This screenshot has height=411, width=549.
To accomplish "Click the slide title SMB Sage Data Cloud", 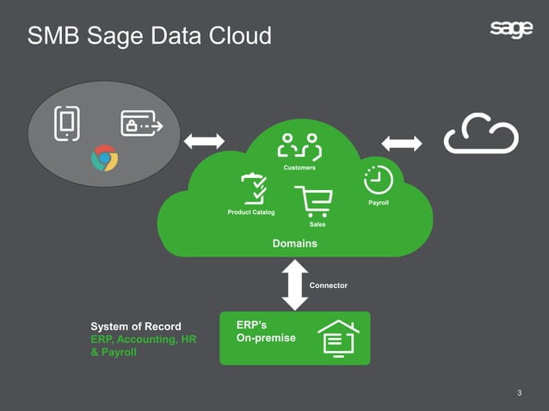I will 149,35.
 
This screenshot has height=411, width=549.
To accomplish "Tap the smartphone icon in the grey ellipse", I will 66,123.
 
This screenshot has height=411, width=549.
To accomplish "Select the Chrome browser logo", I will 104,159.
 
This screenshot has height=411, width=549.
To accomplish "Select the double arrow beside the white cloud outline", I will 402,144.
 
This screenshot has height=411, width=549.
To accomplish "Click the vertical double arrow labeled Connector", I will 295,285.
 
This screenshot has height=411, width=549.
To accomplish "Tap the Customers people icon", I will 299,147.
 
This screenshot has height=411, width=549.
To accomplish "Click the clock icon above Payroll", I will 378,180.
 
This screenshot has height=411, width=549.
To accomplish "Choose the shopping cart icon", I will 313,202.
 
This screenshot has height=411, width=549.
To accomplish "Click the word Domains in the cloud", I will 294,244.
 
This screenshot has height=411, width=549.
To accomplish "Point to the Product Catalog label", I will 251,212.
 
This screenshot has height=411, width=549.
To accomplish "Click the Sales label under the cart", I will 317,224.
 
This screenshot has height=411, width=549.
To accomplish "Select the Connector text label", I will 329,285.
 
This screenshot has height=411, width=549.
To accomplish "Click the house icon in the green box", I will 338,338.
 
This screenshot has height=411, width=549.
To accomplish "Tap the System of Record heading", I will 136,327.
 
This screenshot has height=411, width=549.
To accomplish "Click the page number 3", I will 519,393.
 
